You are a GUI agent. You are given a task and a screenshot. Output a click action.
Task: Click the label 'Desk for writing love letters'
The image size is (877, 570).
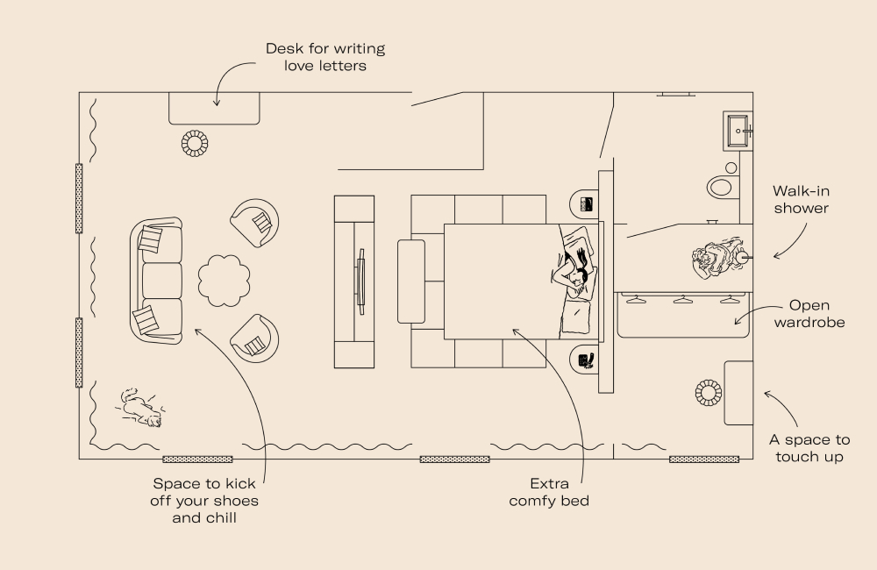point(324,57)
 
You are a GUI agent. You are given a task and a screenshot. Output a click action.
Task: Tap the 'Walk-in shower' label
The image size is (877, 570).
point(800,200)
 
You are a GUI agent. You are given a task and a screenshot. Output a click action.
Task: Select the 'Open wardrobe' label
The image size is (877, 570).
point(816,314)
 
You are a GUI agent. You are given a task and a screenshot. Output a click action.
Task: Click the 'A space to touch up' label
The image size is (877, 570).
point(809,448)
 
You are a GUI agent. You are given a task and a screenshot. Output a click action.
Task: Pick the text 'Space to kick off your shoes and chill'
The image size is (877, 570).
point(205,500)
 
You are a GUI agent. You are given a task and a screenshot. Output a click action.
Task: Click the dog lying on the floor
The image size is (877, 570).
point(140,408)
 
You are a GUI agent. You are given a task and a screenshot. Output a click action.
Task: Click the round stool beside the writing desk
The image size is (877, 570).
point(195,143)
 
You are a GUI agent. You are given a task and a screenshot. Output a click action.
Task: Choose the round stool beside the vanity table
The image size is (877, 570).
point(709,392)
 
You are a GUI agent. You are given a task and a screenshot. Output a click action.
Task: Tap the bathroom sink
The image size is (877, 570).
point(738,132)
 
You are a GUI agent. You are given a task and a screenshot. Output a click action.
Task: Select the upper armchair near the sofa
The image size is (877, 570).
point(255,223)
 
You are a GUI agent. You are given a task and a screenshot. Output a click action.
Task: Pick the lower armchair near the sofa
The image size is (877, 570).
point(255,337)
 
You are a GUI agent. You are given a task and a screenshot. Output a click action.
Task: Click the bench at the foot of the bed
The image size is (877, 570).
point(410,281)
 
